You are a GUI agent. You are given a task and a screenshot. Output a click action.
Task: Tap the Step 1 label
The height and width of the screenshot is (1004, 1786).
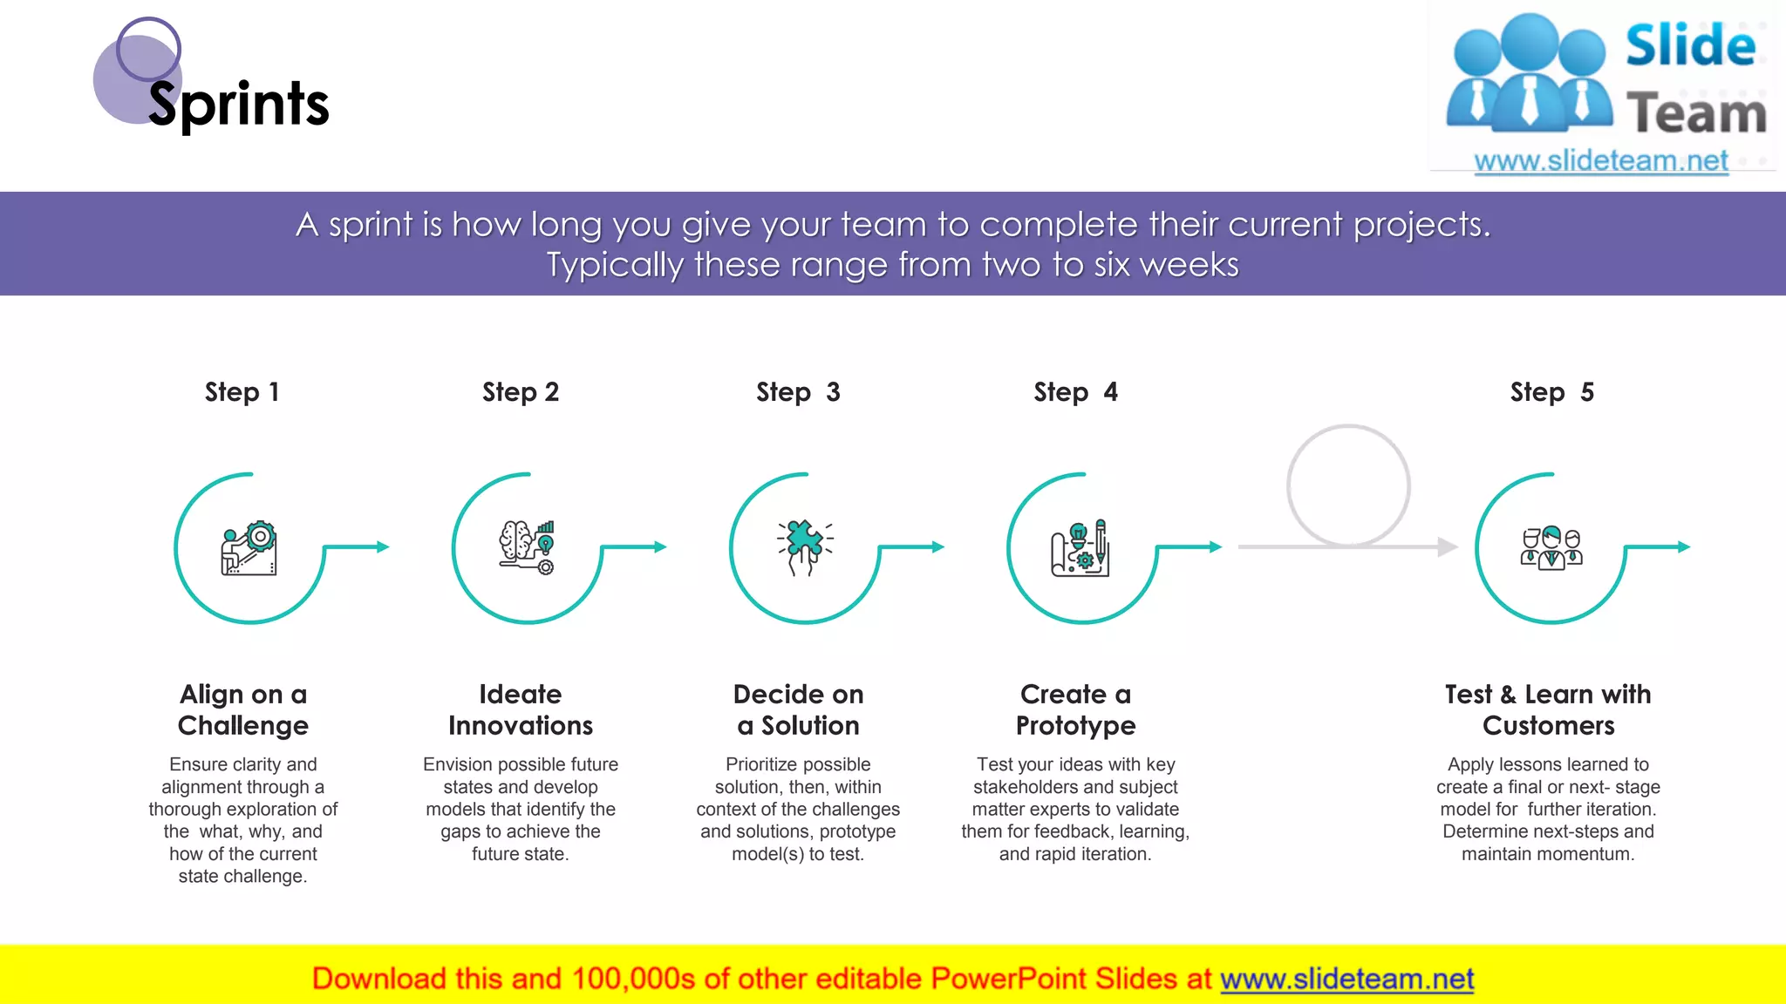(x=242, y=392)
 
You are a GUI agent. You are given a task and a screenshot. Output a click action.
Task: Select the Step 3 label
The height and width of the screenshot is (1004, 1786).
(x=798, y=392)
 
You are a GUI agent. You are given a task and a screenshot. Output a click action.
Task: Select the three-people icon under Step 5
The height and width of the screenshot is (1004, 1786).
(x=1551, y=548)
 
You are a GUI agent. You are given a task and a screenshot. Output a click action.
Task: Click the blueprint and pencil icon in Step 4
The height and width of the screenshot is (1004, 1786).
(x=1080, y=548)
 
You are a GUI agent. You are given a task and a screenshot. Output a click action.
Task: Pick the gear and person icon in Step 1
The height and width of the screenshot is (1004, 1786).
(x=249, y=548)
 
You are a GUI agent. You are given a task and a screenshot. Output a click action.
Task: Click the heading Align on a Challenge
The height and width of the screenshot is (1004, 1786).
(x=243, y=709)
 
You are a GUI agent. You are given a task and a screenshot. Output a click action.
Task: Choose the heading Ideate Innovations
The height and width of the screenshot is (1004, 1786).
(x=521, y=709)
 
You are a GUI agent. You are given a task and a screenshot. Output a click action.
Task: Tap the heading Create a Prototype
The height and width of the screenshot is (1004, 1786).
(x=1075, y=709)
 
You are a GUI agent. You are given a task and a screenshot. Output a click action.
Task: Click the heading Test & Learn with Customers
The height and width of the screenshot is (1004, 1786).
(x=1548, y=709)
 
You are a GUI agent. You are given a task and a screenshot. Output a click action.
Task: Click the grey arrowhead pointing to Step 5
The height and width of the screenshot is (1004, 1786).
(x=1448, y=546)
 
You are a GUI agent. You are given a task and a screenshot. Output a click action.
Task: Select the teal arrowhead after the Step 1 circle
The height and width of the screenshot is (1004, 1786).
(x=382, y=546)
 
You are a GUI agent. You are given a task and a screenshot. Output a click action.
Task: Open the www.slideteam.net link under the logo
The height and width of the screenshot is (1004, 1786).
(x=1601, y=161)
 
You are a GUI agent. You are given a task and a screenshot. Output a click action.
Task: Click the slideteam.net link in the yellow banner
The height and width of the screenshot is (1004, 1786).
(x=1346, y=979)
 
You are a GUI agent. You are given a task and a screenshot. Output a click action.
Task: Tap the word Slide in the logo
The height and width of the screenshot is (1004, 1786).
(x=1690, y=45)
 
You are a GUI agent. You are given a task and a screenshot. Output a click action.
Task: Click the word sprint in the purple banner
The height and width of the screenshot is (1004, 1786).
(x=370, y=225)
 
